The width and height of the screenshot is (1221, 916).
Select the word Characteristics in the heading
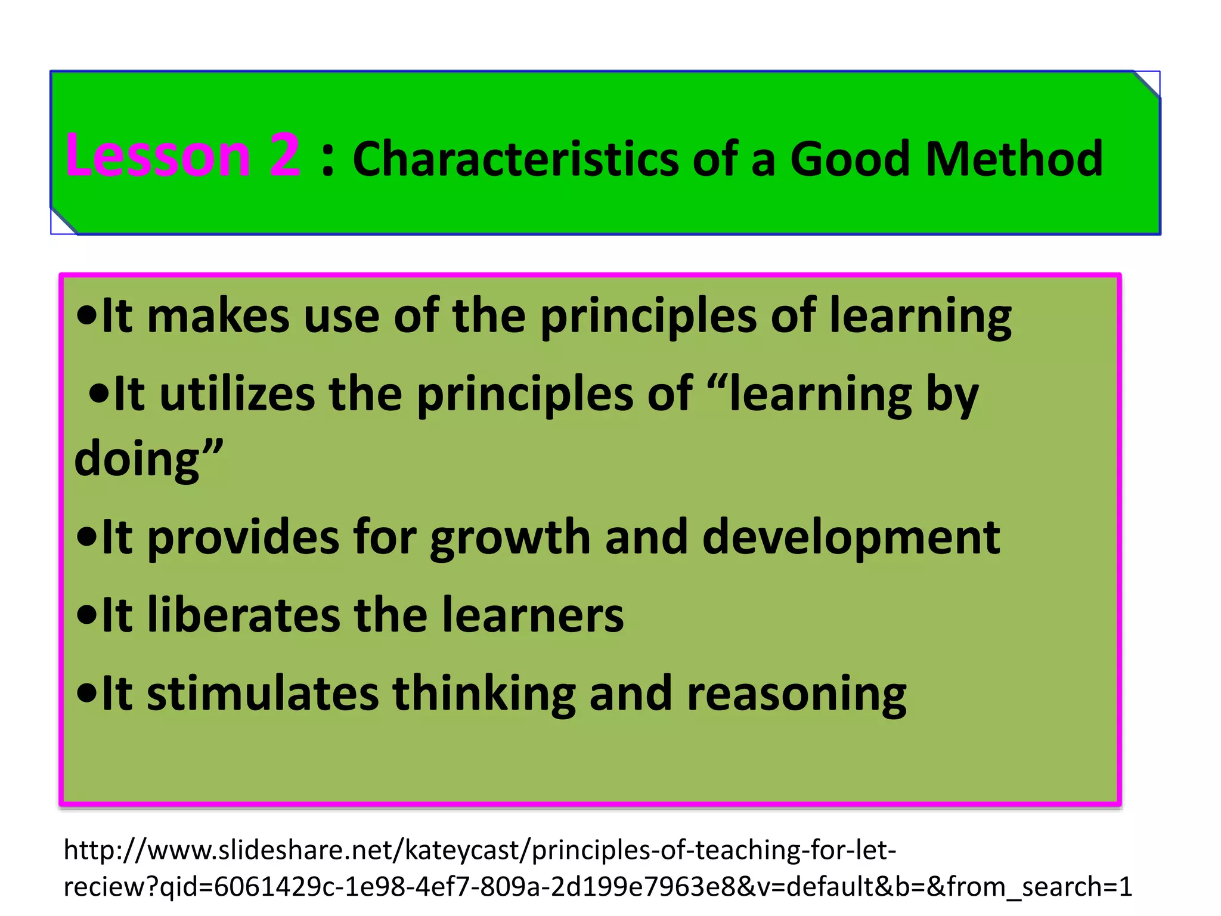coord(516,159)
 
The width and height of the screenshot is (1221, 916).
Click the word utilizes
coord(237,395)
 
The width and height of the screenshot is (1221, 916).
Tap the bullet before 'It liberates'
coord(87,616)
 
